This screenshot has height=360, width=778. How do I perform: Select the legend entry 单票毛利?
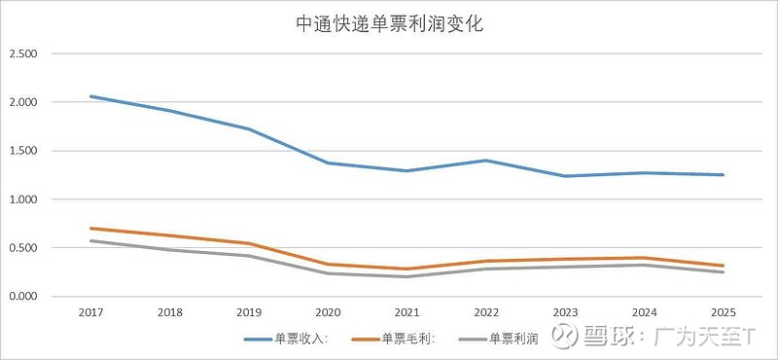coord(407,340)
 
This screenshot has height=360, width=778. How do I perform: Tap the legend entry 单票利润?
coord(513,340)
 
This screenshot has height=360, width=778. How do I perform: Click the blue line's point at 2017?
coord(89,96)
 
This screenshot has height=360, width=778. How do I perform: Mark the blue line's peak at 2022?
coord(486,161)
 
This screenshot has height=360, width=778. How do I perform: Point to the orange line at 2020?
coord(328,265)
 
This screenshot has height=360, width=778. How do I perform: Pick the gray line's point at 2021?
coord(407,276)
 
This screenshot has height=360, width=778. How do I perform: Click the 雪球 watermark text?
coord(609,337)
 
